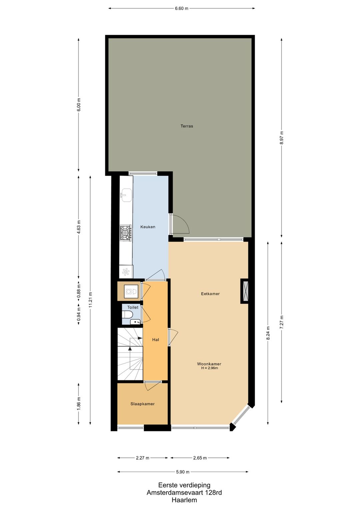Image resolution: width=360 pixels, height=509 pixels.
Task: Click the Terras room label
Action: click(x=187, y=126)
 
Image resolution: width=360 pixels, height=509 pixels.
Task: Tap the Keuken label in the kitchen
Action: click(x=148, y=227)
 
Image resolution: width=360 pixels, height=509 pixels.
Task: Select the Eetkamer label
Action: click(x=210, y=294)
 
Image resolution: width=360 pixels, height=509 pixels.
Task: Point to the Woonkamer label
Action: click(x=209, y=364)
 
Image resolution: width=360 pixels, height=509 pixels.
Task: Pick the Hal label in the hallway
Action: click(x=155, y=340)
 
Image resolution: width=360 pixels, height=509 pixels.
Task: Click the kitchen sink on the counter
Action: click(x=126, y=195)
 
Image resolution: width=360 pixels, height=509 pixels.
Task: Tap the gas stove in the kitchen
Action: click(x=126, y=233)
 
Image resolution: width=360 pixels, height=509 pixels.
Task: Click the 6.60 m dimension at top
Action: click(x=181, y=9)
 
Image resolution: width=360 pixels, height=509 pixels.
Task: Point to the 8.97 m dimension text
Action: click(x=282, y=138)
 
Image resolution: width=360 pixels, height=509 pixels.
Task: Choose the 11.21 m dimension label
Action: click(x=90, y=300)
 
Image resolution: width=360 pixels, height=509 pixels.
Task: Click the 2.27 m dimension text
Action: click(x=143, y=458)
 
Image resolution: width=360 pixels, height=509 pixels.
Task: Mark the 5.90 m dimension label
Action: click(x=183, y=472)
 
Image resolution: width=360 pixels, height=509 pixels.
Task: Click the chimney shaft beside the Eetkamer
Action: click(x=245, y=291)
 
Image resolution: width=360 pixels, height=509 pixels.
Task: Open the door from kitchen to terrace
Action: click(x=179, y=223)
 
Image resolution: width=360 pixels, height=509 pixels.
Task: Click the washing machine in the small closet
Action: click(x=132, y=291)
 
